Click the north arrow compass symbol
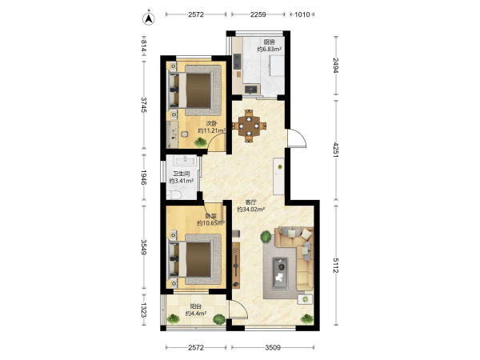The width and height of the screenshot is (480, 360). tap(149, 18)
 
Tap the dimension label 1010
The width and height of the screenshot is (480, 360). tap(302, 14)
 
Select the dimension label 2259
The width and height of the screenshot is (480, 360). tap(258, 14)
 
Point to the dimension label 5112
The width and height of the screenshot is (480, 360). tap(336, 266)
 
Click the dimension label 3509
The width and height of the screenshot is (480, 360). tap(273, 347)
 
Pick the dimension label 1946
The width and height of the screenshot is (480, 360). tap(143, 178)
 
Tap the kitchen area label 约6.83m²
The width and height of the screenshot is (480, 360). tap(269, 49)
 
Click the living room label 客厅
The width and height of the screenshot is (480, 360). tap(250, 202)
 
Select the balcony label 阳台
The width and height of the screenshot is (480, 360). tap(196, 306)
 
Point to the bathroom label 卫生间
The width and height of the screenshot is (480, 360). tap(182, 174)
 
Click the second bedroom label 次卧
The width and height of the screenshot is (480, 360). tap(211, 124)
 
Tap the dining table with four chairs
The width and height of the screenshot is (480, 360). tap(249, 126)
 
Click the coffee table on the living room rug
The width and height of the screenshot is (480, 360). tap(280, 274)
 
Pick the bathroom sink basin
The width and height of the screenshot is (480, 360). tap(186, 159)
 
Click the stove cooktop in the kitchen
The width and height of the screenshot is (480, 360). tap(237, 62)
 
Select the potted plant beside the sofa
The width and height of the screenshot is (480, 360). tap(266, 237)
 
